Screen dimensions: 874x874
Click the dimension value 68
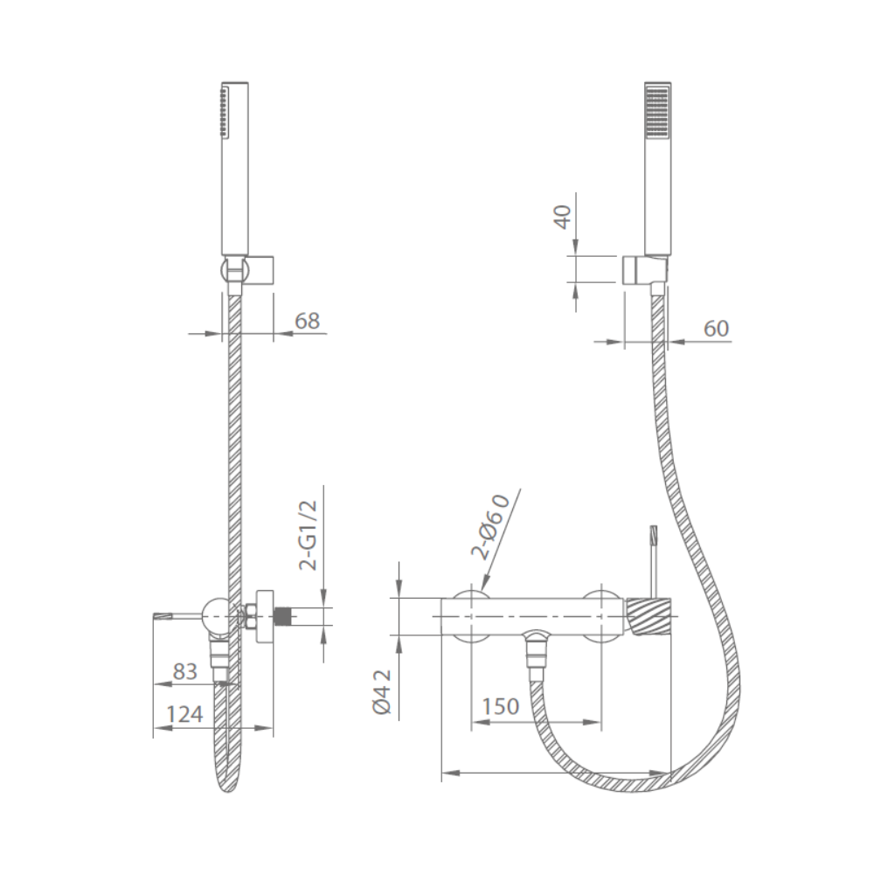click(x=307, y=321)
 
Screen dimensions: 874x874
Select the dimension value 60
click(x=717, y=329)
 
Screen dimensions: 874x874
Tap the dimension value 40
click(x=564, y=217)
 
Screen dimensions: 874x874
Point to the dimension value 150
click(x=501, y=706)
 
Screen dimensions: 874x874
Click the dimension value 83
click(x=185, y=671)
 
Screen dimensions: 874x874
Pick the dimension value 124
click(x=185, y=714)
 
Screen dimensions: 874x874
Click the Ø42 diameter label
click(x=383, y=691)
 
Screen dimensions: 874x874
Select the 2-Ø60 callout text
click(x=490, y=526)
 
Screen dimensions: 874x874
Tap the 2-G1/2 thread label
click(x=308, y=535)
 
